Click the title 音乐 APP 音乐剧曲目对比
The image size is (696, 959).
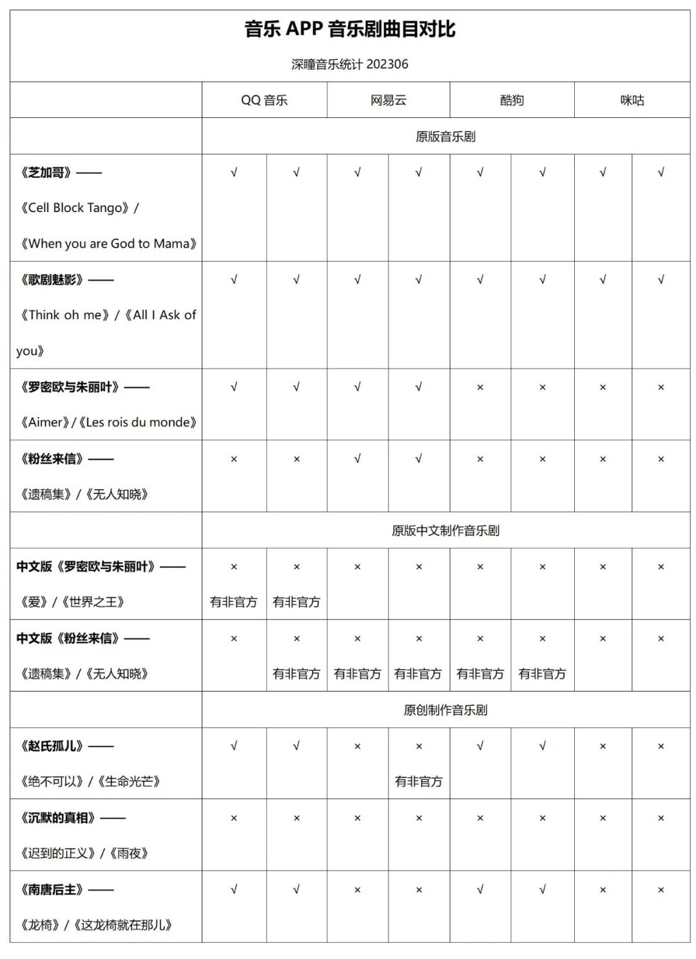click(x=349, y=30)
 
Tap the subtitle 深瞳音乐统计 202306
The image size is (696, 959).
click(x=349, y=64)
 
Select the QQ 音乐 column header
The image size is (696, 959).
click(x=264, y=101)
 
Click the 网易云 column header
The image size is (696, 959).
click(x=388, y=101)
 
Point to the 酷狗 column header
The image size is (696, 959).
click(x=512, y=101)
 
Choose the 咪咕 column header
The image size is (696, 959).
click(x=632, y=101)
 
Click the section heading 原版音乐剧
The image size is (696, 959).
click(x=445, y=137)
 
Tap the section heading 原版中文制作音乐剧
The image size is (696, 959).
click(x=445, y=531)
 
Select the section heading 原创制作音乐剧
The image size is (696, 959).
click(x=445, y=710)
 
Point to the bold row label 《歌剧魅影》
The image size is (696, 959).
click(x=52, y=280)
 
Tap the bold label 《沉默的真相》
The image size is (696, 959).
click(x=57, y=818)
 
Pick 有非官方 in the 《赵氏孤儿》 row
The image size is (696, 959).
click(x=418, y=782)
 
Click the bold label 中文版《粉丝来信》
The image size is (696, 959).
click(x=68, y=639)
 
